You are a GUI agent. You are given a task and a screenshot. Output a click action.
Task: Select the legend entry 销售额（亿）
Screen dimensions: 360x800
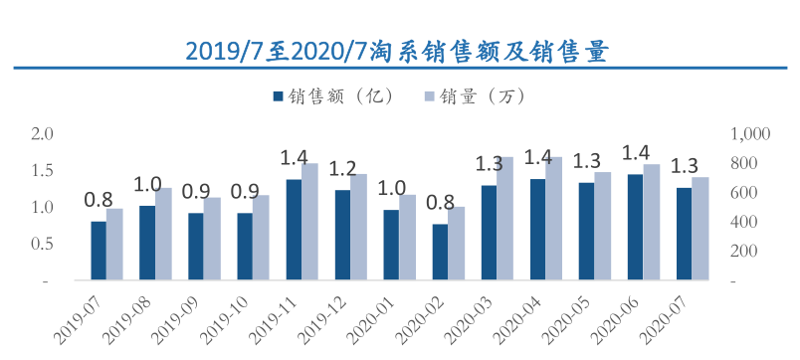[334, 96]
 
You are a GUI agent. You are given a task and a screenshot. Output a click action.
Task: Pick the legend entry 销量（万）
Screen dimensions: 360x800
[473, 96]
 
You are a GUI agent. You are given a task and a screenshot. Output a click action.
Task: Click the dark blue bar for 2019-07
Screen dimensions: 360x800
[99, 251]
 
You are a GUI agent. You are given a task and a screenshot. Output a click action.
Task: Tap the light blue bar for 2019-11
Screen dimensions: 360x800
[309, 222]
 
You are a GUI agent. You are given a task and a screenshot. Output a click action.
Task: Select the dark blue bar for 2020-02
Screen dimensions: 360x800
[440, 253]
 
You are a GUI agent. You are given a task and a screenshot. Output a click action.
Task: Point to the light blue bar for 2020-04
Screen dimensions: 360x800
[553, 219]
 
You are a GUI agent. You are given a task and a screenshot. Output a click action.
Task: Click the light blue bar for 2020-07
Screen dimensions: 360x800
[700, 229]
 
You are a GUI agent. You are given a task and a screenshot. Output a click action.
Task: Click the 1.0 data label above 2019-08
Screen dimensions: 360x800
[147, 184]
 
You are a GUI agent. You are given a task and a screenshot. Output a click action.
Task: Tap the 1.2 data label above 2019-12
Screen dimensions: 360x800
[342, 167]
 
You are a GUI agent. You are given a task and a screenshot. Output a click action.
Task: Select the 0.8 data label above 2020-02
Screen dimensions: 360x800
[440, 203]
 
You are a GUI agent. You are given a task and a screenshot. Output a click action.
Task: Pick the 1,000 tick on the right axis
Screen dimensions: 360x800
[751, 133]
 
